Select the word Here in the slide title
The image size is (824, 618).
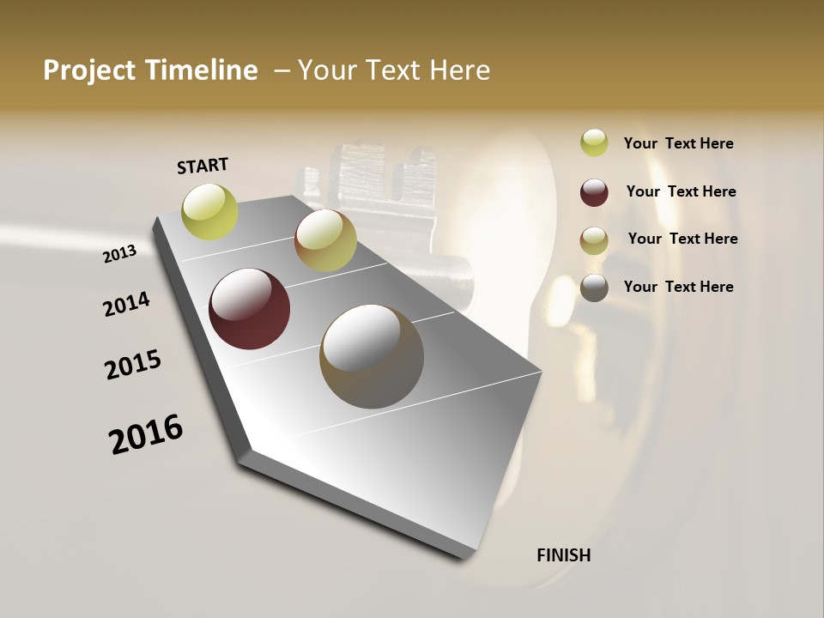click(459, 70)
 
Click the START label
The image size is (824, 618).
click(203, 165)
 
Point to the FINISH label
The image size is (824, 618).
click(564, 555)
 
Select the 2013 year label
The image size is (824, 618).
click(120, 254)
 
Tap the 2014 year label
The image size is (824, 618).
click(126, 304)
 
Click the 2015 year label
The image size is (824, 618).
click(133, 365)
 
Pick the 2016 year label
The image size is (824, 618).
click(146, 434)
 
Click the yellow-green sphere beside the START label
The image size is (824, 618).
click(210, 211)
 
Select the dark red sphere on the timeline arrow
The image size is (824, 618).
click(250, 309)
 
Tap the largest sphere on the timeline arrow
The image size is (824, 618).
click(372, 356)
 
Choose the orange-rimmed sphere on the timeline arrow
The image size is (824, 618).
click(325, 241)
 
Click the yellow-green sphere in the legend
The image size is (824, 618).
click(594, 142)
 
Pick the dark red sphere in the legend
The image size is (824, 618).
click(594, 192)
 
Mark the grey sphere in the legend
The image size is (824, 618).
click(594, 288)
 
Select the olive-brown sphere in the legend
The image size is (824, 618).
click(594, 240)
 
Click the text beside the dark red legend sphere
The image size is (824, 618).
click(682, 191)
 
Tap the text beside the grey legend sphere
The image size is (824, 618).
click(679, 287)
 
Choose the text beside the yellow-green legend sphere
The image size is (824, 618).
click(679, 143)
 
